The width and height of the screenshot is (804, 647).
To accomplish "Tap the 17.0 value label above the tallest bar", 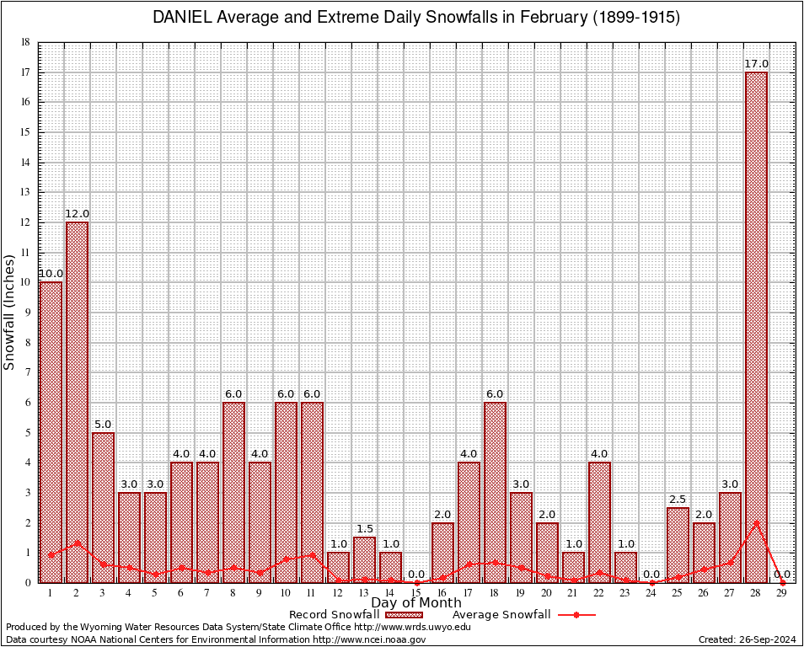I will [756, 64].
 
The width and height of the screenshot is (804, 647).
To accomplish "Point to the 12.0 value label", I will [77, 214].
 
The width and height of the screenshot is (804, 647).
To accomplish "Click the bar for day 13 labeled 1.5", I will [364, 559].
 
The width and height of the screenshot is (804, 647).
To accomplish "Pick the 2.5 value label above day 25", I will [678, 500].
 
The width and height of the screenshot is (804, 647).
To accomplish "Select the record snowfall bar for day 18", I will [495, 492].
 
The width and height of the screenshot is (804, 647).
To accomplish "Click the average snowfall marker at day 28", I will [756, 522].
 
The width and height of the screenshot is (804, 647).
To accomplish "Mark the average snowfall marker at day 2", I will [77, 543].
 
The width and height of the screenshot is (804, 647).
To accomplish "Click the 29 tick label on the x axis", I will [782, 593].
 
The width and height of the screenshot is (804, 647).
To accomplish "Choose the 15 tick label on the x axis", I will [416, 593].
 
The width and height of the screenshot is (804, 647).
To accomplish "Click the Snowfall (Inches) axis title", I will [10, 312].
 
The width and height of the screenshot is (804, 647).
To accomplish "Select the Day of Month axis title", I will [415, 603].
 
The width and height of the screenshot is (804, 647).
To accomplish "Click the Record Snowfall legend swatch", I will [405, 615].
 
